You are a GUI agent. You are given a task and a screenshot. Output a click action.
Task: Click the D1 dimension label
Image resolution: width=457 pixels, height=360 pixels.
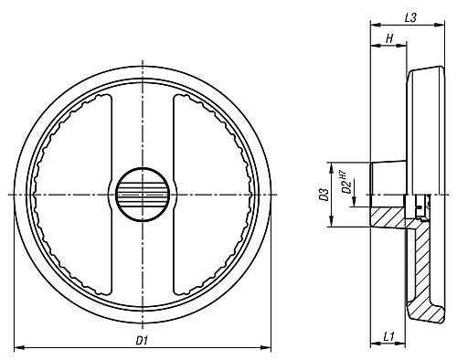142,341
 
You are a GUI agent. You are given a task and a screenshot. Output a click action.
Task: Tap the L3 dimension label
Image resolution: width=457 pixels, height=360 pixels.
410,18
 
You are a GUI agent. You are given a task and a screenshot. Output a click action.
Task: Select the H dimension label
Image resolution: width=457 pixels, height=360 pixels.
389,39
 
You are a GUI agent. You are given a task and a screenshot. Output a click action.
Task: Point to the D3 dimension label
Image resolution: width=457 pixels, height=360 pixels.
324,195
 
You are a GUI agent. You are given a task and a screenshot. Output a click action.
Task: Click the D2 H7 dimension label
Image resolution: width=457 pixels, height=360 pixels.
345,183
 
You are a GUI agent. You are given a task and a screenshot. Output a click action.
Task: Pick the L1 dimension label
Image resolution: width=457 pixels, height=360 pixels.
388,337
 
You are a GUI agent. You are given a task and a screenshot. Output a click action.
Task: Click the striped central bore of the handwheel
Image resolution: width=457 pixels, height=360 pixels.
142,195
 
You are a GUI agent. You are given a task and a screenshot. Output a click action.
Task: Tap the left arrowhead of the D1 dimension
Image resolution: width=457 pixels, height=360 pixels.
19,347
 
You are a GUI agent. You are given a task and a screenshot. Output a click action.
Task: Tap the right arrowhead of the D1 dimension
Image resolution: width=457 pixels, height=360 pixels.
266,347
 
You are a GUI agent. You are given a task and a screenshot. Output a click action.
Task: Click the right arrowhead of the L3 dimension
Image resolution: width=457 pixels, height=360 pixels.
440,25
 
